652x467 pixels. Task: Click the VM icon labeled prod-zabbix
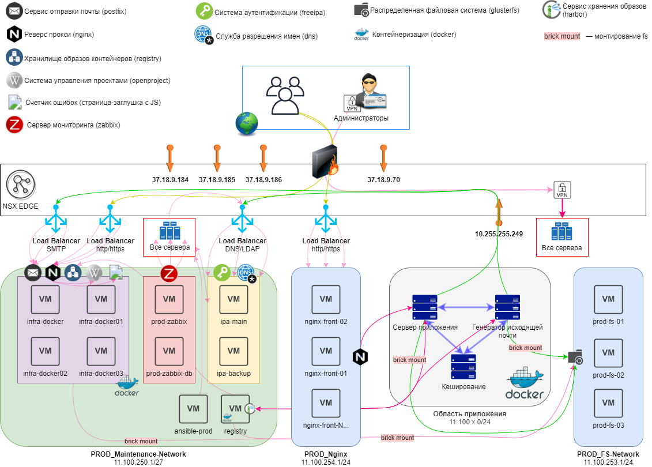[x=169, y=299]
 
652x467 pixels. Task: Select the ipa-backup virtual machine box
[x=233, y=351]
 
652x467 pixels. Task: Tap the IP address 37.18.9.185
[x=217, y=180]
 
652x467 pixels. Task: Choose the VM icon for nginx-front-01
[x=326, y=351]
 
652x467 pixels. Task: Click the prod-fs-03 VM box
[x=608, y=403]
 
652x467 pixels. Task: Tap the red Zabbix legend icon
[x=14, y=125]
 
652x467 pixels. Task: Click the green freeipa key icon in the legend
[x=204, y=11]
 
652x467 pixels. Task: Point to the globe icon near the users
[x=247, y=123]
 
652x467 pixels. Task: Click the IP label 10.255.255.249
[x=499, y=235]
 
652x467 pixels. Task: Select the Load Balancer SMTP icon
[x=56, y=221]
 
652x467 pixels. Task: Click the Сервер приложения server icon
[x=425, y=307]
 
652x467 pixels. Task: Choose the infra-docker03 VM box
[x=101, y=351]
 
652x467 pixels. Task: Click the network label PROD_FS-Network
[x=608, y=454]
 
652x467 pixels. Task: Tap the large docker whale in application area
[x=525, y=383]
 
